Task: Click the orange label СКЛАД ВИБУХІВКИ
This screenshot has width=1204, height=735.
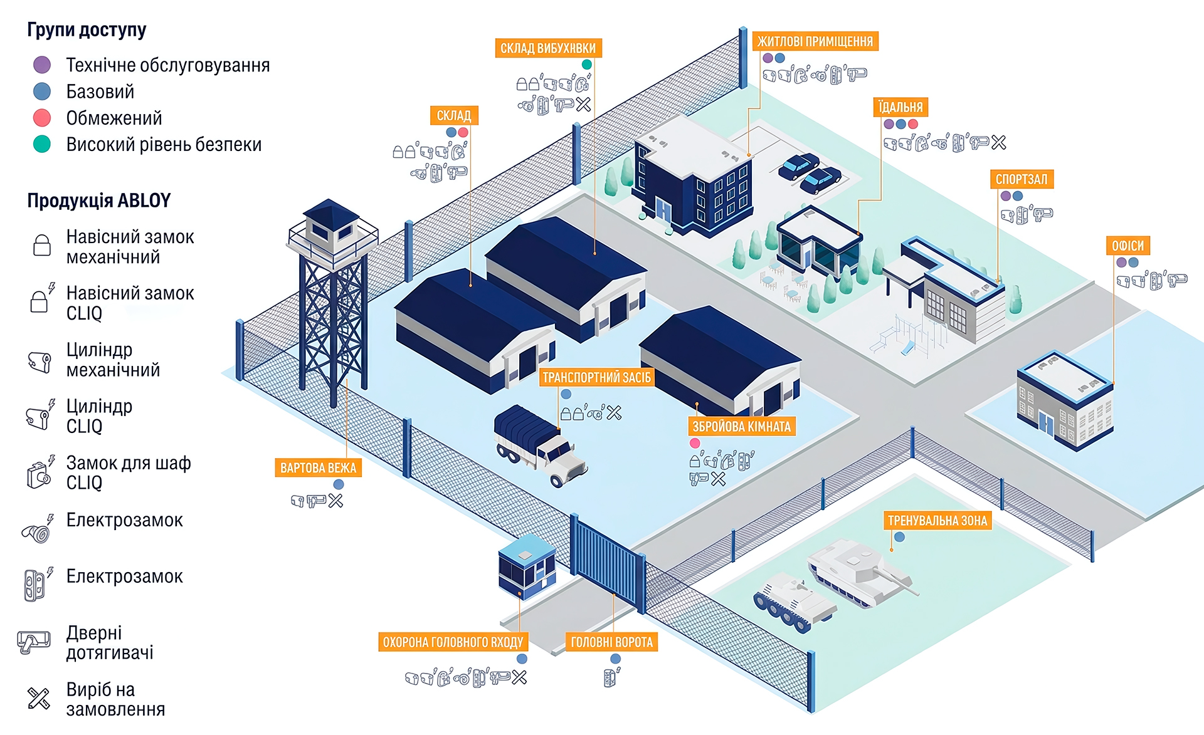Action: coord(548,48)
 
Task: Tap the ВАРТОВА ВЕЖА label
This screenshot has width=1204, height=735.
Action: coord(318,468)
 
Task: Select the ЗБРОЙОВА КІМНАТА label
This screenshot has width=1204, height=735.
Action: coord(741,427)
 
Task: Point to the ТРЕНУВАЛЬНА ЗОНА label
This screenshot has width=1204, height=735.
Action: coord(937,521)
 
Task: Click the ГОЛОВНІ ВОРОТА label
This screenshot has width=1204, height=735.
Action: coord(611,642)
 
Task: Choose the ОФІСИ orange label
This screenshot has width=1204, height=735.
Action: coord(1127,246)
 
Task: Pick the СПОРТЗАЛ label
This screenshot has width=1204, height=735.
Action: coord(1022,179)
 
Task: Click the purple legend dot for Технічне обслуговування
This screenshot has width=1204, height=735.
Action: coord(42,65)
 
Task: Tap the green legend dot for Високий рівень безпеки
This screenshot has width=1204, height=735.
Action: coord(42,144)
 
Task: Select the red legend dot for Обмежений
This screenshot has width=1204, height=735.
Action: coord(42,118)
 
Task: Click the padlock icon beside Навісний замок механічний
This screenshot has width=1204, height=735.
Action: coord(42,245)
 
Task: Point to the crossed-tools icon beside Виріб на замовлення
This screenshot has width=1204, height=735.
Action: coord(39,698)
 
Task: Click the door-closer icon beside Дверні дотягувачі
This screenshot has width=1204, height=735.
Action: coord(34,642)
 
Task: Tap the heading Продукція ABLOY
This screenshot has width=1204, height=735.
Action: coord(98,201)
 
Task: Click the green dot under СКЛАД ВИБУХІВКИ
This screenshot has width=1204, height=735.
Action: coord(587,65)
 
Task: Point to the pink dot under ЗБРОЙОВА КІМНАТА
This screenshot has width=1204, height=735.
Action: coord(695,443)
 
